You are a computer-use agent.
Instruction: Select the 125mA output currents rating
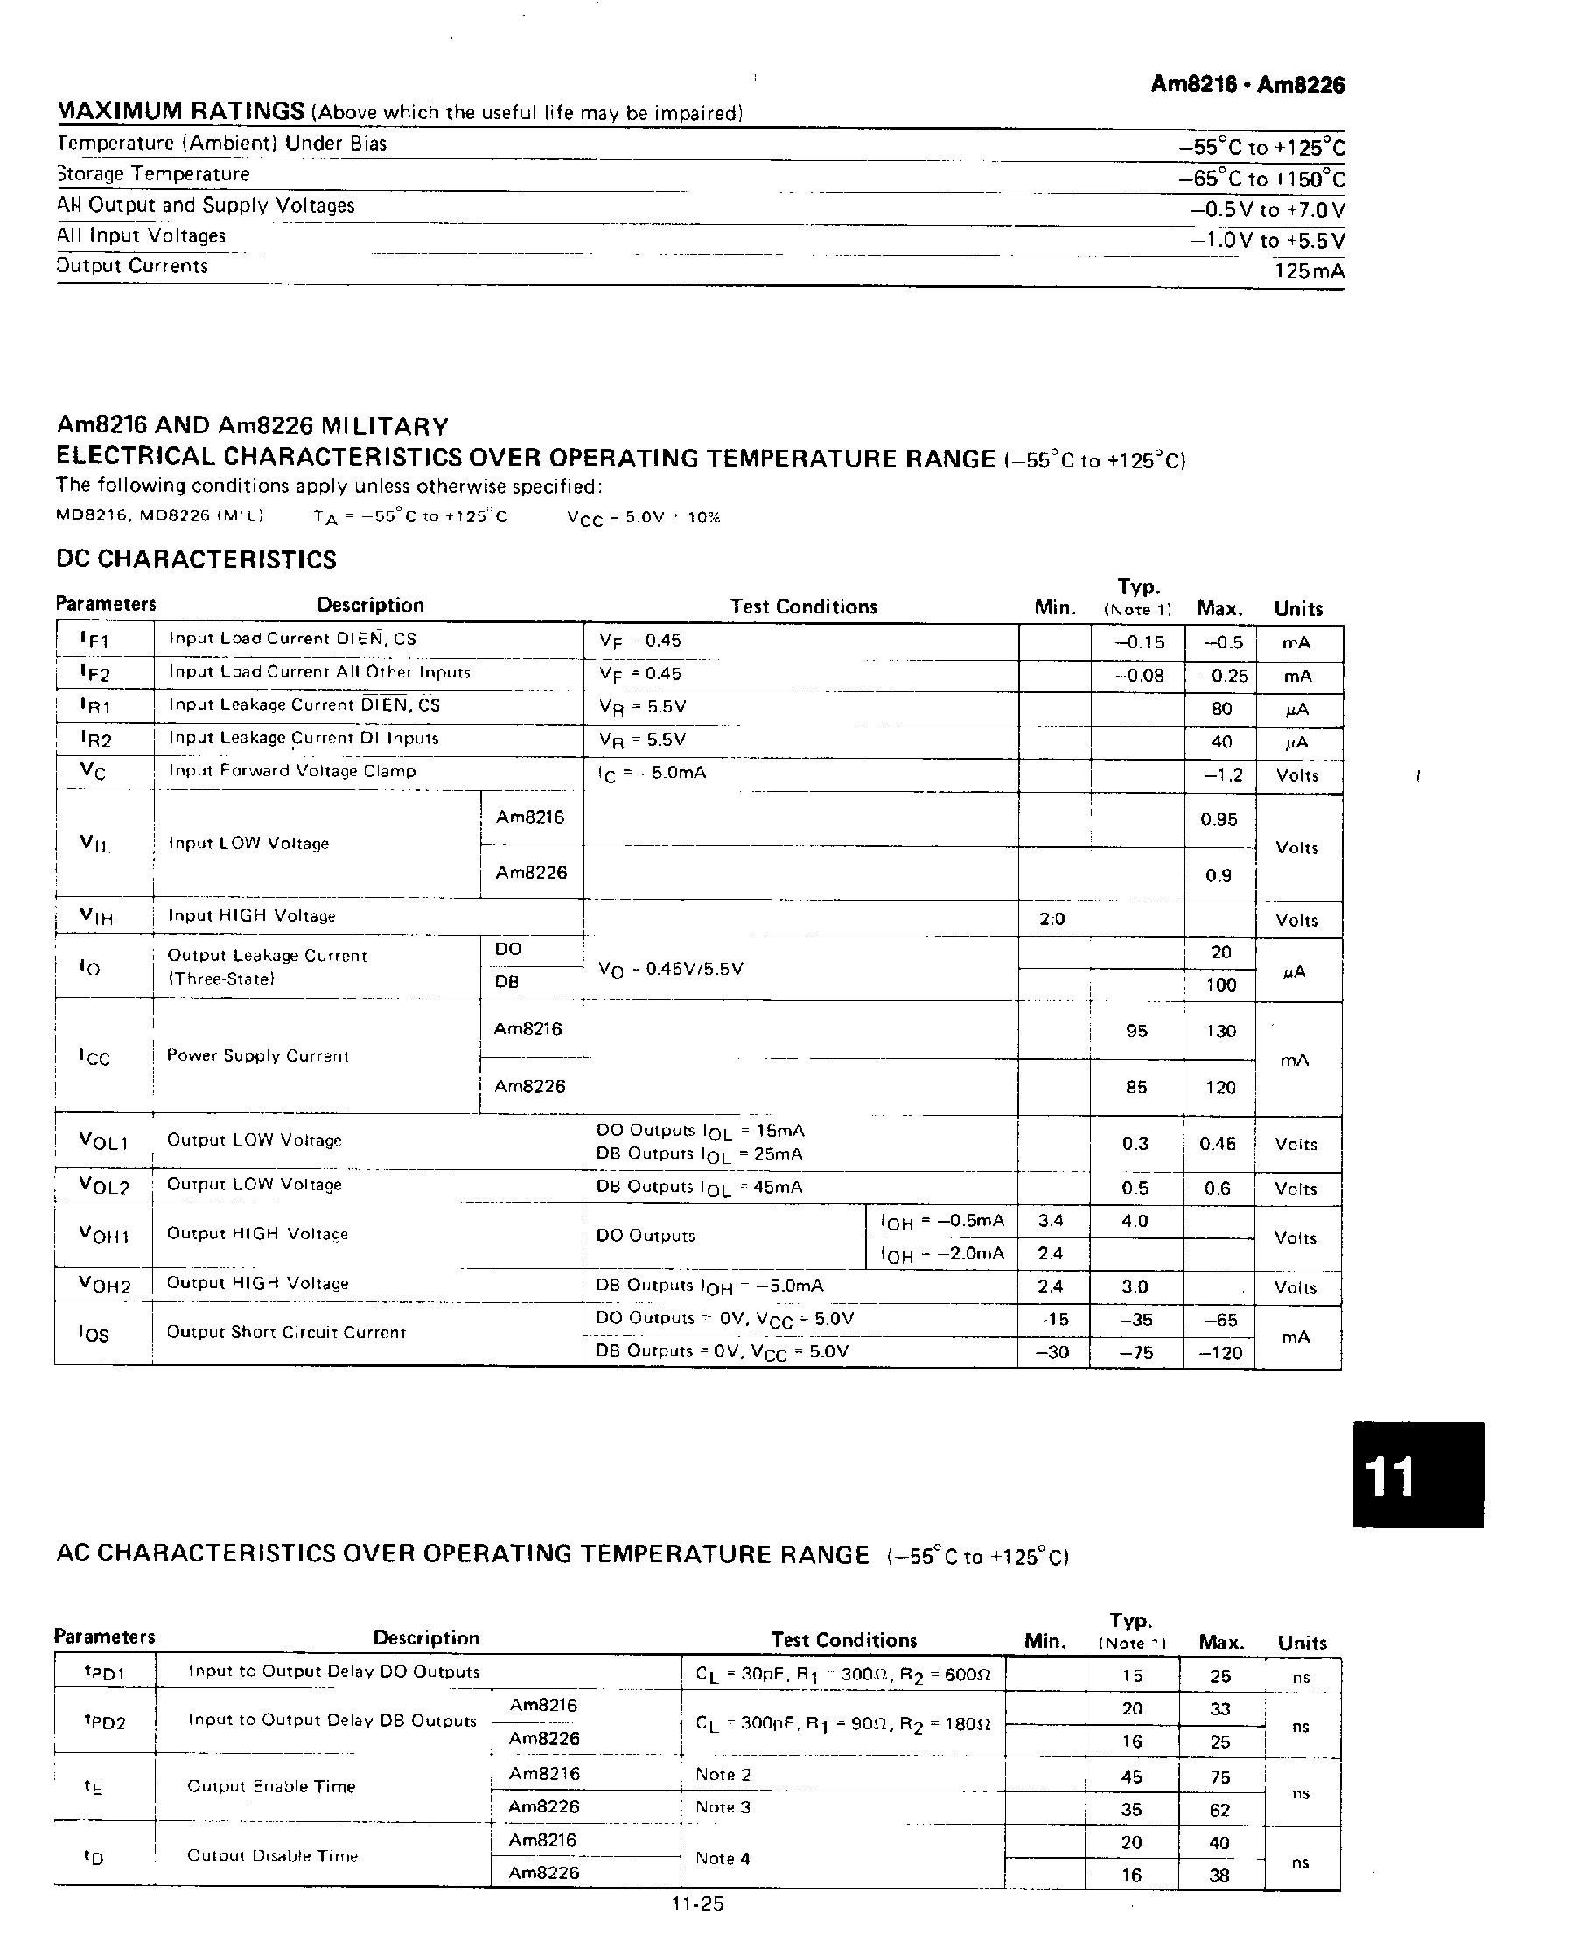tap(1309, 271)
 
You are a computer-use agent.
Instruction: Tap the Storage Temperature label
tap(153, 173)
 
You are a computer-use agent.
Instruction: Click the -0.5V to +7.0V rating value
tap(1268, 210)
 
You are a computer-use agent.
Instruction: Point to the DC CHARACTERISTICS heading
tap(197, 559)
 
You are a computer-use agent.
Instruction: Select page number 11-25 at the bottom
tap(697, 1904)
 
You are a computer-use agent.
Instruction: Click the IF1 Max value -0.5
tap(1222, 642)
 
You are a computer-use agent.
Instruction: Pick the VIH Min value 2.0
tap(1052, 918)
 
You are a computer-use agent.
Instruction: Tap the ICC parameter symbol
tap(95, 1057)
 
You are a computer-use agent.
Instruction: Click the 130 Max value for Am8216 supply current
tap(1220, 1031)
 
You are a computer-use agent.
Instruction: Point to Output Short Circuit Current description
tap(285, 1332)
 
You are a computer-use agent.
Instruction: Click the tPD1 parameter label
tap(103, 1673)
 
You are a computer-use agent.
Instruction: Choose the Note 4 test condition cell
tap(723, 1858)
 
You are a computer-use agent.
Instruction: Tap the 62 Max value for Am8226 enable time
tap(1219, 1810)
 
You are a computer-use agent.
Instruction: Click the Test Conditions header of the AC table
tap(843, 1640)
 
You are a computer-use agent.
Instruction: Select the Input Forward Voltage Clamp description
tap(291, 770)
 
